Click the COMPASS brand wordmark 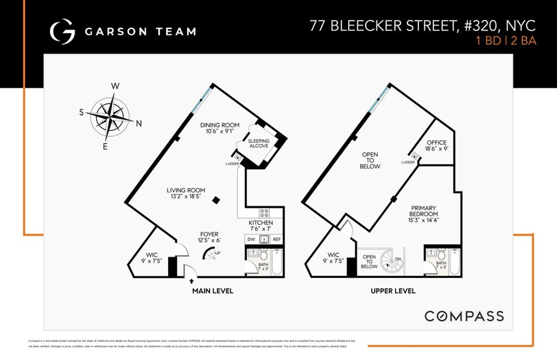(x=464, y=316)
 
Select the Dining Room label (x=220, y=128)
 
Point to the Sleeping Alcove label (x=259, y=143)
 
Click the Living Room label (x=186, y=193)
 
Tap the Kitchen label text (x=261, y=226)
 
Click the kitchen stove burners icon (x=265, y=213)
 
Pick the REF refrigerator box (x=277, y=239)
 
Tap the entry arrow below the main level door (x=192, y=281)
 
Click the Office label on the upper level (x=436, y=146)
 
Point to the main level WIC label (x=152, y=258)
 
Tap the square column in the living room (x=216, y=200)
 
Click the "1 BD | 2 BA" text (x=506, y=40)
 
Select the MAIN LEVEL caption (x=213, y=291)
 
